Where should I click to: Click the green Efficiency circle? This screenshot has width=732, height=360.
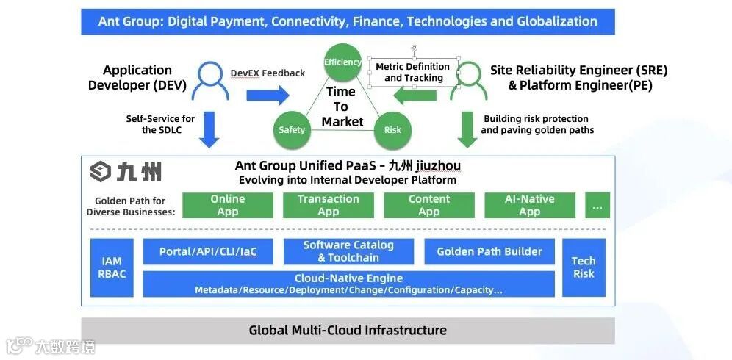pos(342,62)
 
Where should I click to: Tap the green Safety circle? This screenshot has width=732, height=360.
pos(292,130)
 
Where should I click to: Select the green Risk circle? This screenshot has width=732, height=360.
pos(393,130)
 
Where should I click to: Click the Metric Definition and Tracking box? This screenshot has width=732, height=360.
pos(414,72)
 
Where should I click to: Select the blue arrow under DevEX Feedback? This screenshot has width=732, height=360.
pos(268,95)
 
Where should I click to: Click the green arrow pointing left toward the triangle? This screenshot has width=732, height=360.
pos(415,95)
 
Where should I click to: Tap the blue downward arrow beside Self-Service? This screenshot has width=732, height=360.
pos(209,128)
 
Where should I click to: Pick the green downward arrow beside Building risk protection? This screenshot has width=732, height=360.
pos(467,129)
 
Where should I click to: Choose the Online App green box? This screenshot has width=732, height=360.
pos(228,206)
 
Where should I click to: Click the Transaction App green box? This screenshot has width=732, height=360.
pos(329,206)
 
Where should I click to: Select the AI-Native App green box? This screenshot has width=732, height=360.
pos(530,206)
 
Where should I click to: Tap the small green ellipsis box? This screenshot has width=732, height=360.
pos(598,206)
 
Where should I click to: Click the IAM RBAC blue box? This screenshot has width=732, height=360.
pos(112,267)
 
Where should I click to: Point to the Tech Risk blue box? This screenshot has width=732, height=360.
pos(584,267)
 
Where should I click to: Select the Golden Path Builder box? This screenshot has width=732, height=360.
pos(489,252)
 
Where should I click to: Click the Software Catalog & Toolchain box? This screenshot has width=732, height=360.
pos(348,252)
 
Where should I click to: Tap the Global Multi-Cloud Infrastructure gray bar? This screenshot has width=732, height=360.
pos(348,331)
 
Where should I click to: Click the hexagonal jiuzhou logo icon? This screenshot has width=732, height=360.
pos(100,172)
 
